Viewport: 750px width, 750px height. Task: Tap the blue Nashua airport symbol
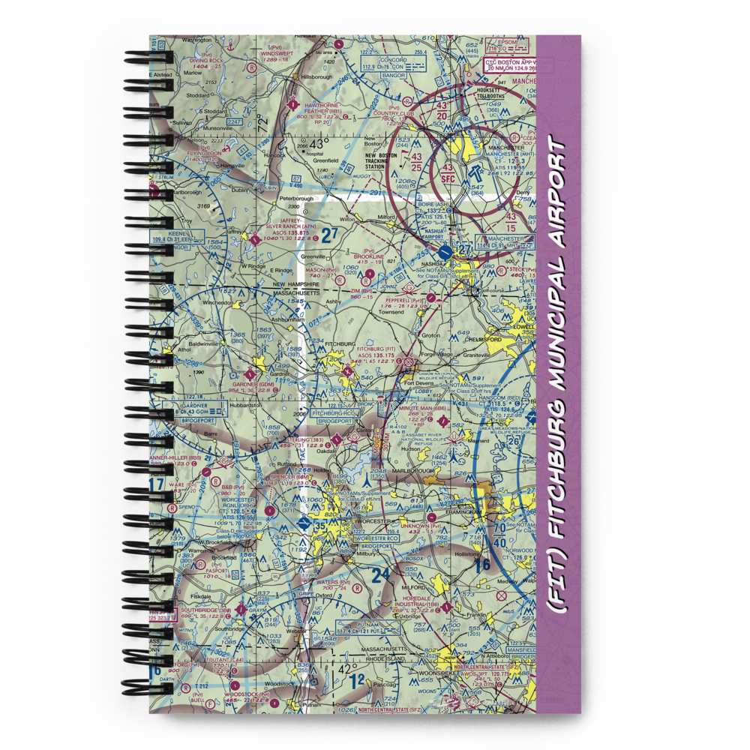pyautogui.click(x=446, y=252)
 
